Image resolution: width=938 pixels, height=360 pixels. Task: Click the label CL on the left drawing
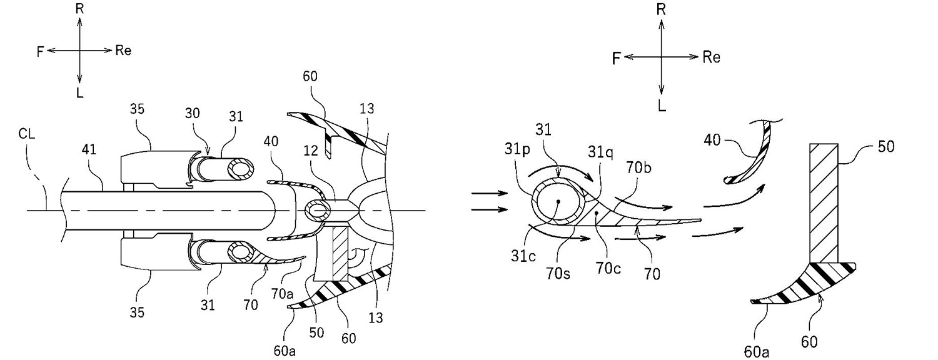(26, 134)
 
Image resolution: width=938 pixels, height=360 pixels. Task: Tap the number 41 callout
(89, 149)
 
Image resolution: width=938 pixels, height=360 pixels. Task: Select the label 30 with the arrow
(192, 113)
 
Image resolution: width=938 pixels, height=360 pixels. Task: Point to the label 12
(311, 151)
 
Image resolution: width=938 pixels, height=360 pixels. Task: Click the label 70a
(282, 294)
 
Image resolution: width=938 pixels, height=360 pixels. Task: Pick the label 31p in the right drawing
(518, 149)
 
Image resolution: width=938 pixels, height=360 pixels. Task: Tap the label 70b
(639, 167)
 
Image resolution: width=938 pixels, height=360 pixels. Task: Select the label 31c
(523, 256)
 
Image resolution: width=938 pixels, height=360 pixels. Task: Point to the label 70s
(558, 274)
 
